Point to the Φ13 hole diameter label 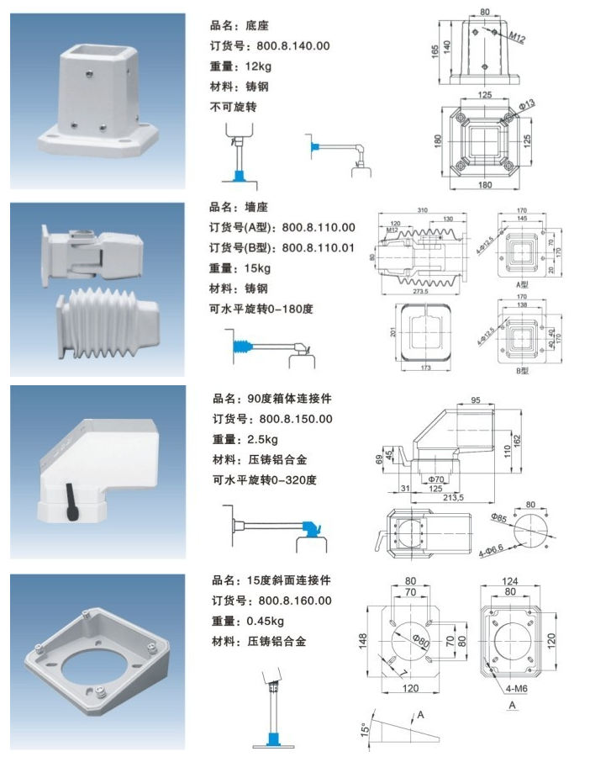527,103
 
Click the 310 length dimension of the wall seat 425,209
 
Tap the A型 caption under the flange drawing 522,285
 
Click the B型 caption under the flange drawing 522,371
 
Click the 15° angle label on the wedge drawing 364,729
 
